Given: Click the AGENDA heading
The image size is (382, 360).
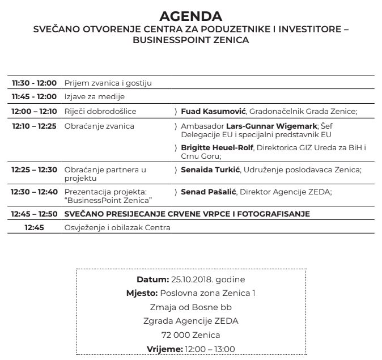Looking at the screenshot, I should [190, 15].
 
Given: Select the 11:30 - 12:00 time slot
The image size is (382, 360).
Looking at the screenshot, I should [34, 83].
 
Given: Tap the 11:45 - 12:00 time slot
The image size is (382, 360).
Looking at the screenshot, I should [34, 96].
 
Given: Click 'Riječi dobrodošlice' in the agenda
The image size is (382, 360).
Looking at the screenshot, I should [100, 112].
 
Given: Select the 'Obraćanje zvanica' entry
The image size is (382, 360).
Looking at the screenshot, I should [99, 126].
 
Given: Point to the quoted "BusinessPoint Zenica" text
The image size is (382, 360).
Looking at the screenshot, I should [109, 200].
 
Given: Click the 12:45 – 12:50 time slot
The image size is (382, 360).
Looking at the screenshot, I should [34, 214].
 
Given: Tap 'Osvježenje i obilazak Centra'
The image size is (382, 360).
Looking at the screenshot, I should [117, 227].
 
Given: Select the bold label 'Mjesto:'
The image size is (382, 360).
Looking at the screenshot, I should [142, 293].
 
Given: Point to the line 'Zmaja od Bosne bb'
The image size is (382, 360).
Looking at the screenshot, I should [190, 307].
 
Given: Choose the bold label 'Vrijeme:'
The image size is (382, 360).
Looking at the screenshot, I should [164, 349].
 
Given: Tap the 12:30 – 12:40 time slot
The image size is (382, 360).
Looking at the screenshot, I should [34, 192].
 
